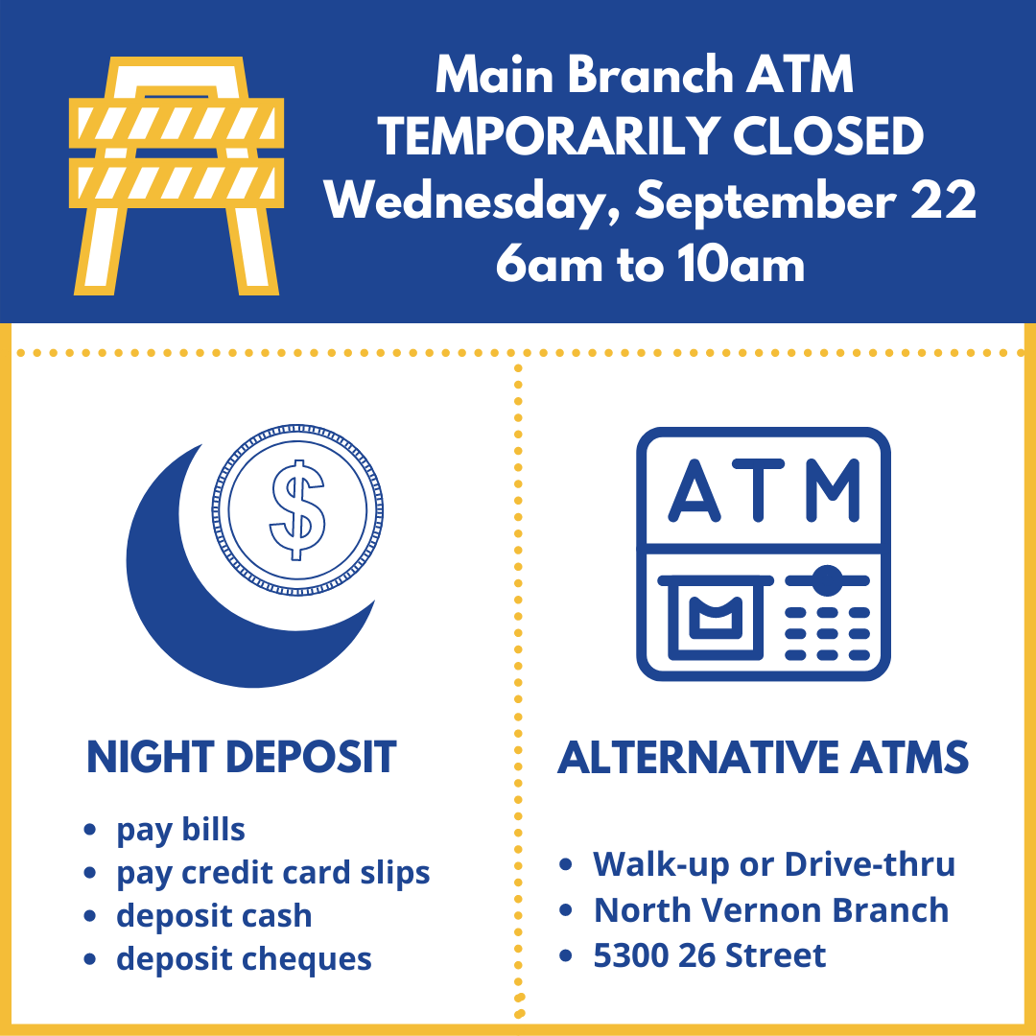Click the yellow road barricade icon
point(177,177)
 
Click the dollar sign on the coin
point(297,510)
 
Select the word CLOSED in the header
point(828,136)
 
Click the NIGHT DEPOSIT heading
point(241,757)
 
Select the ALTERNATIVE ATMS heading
point(764,757)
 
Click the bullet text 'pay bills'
point(180,831)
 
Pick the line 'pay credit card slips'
point(272,874)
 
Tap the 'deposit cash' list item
point(214,916)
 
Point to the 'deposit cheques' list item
point(244,959)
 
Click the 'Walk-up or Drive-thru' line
point(774,864)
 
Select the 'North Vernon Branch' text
point(771,909)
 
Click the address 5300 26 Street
point(709,955)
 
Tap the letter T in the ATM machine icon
point(759,489)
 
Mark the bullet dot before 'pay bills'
point(90,830)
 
